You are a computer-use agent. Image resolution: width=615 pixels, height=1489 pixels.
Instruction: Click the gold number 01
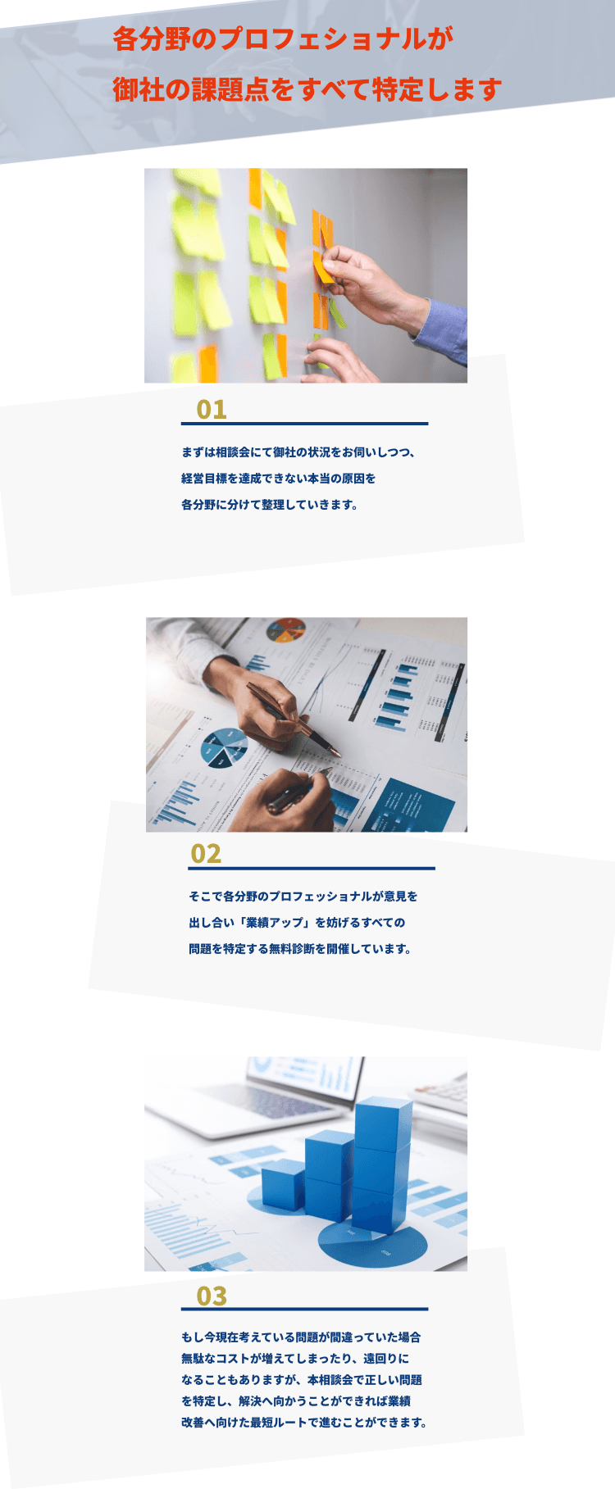pos(212,409)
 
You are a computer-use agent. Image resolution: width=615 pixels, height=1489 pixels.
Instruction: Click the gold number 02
pos(206,854)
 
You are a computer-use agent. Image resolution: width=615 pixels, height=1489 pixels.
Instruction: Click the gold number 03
pos(212,1296)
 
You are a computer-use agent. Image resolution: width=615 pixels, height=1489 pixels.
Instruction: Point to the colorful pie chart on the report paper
pos(286,630)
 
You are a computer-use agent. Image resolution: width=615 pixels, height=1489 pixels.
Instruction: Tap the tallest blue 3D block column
pos(382,1164)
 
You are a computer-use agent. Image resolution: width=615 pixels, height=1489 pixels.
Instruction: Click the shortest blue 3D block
pos(284,1185)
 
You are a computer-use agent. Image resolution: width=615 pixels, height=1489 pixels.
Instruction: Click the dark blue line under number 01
pos(304,424)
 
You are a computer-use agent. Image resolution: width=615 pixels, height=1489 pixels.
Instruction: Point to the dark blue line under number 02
pos(312,868)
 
